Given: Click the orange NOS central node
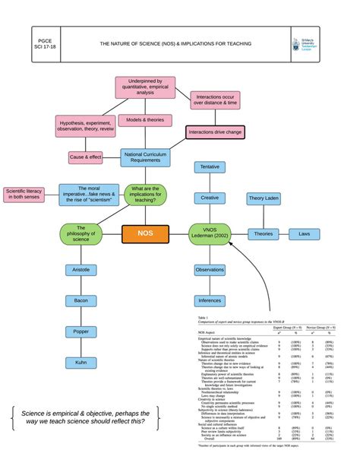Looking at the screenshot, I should (145, 233).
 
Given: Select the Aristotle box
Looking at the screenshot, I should (81, 270).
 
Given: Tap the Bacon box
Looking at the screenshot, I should (81, 301).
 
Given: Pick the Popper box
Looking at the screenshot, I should (81, 331).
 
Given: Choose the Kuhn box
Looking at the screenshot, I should (81, 363).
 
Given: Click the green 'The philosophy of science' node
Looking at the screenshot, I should (81, 233).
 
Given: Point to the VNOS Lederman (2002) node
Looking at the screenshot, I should (210, 233).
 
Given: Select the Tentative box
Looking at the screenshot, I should (210, 166).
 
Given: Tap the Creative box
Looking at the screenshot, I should (210, 198).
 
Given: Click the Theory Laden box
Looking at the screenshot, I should (264, 198).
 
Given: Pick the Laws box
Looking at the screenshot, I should (304, 234).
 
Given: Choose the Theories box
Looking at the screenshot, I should (264, 234).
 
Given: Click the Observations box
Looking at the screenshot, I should (210, 270).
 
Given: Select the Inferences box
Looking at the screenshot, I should (210, 301).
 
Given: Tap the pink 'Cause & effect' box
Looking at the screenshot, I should (85, 157).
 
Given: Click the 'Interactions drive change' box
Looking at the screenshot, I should (215, 132).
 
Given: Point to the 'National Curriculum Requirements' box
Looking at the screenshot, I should (145, 157).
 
